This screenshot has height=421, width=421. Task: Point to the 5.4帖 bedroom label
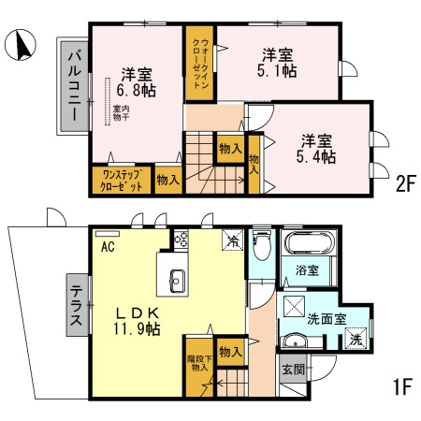coord(317,148)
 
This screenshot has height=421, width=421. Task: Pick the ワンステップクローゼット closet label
coord(122,180)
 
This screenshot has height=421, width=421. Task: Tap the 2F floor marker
coord(403,184)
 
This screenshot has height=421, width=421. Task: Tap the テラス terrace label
coord(78,305)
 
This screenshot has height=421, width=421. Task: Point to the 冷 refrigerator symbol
coord(231,240)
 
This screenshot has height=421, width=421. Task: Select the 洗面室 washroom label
coord(327,318)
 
